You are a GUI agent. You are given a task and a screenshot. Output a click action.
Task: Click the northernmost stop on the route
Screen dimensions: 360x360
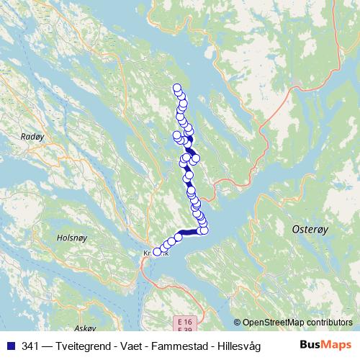pyautogui.click(x=177, y=89)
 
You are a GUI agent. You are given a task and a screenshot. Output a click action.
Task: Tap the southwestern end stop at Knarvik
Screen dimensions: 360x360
pyautogui.click(x=157, y=252)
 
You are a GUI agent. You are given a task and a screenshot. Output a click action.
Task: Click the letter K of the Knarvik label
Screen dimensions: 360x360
pyautogui.click(x=146, y=253)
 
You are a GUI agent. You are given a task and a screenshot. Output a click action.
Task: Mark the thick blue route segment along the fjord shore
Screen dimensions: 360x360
pyautogui.click(x=191, y=232)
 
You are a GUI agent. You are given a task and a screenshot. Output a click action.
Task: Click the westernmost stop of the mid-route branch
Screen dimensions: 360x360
pyautogui.click(x=176, y=135)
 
